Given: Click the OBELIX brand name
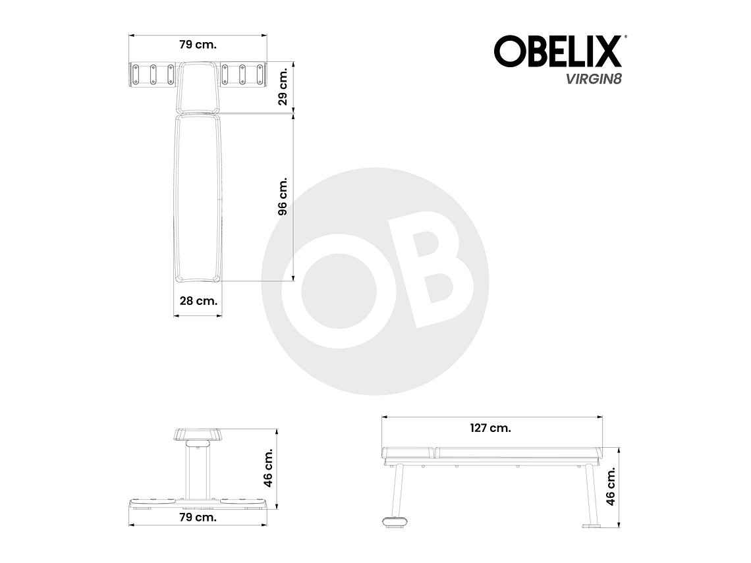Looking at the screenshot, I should click(x=557, y=51).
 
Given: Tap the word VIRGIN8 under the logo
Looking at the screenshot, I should click(x=592, y=79).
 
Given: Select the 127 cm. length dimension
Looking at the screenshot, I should click(x=491, y=427).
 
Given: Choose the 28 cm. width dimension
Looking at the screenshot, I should click(x=198, y=300).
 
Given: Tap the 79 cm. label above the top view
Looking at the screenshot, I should click(x=198, y=45).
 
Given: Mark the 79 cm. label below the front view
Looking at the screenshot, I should click(x=198, y=517).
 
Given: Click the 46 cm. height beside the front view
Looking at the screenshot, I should click(x=267, y=468).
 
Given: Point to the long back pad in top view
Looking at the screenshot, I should click(x=198, y=198).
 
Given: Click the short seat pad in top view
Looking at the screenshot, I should click(x=198, y=87).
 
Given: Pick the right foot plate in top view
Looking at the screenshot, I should click(x=244, y=74).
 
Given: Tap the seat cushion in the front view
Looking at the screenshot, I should click(x=198, y=435).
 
